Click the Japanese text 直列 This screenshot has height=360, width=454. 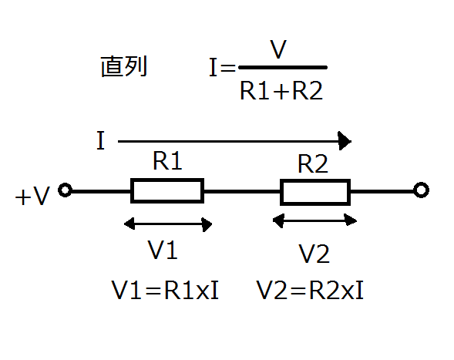tap(124, 66)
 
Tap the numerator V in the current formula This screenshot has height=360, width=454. tap(278, 49)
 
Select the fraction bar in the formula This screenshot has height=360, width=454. tap(283, 68)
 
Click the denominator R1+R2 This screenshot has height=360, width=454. tap(281, 91)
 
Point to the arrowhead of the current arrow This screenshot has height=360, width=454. tap(345, 141)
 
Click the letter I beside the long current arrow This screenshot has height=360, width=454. tap(100, 140)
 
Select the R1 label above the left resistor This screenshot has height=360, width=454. tap(167, 161)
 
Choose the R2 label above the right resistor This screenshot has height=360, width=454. tap(313, 163)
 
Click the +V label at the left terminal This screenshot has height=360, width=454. tap(32, 196)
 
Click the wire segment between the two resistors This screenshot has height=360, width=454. tap(242, 191)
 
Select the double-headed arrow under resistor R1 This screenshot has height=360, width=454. tap(168, 224)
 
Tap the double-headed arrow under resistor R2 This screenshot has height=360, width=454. tap(314, 220)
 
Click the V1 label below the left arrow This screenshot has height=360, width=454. tap(163, 250)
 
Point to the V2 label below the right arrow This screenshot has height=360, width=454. tap(314, 254)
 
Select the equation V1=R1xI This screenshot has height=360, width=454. tap(165, 290)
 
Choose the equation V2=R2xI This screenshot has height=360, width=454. tap(310, 290)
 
